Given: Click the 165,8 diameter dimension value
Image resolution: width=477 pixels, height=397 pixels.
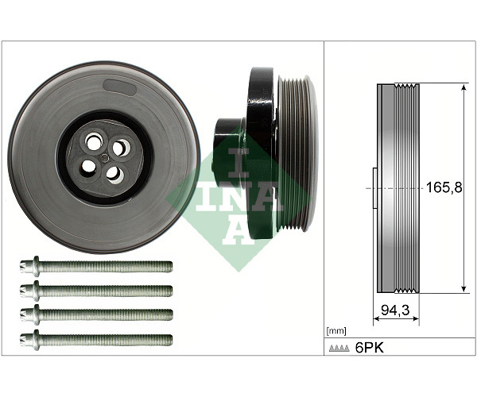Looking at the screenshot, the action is pos(444,187).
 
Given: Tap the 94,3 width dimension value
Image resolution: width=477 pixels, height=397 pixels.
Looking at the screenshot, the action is pos(395,310).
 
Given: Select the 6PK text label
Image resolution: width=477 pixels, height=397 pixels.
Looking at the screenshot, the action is pos(370,348).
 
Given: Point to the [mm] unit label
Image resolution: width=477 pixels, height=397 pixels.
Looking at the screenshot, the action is pos(335,331).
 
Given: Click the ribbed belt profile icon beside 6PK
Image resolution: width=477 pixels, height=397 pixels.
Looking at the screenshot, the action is pos(339,349).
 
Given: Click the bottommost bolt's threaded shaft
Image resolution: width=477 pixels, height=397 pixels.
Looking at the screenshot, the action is pos(106,339).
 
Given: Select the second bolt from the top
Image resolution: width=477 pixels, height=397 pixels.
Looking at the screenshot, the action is pos(96,291).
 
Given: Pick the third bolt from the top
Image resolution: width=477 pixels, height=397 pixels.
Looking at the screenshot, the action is pos(96,315).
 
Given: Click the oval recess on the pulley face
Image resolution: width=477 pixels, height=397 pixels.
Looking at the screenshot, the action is pos(119,88).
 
